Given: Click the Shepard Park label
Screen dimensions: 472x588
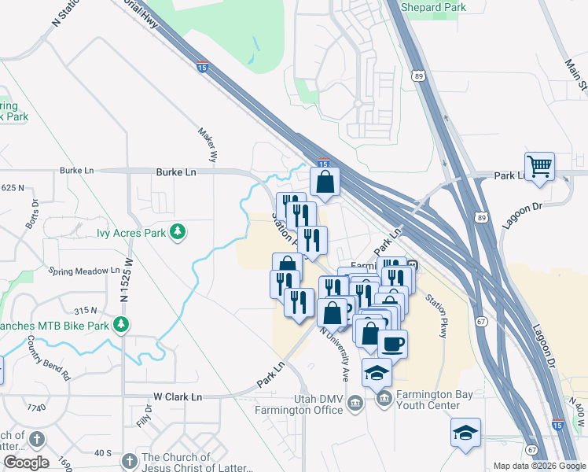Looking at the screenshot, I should (x=433, y=7).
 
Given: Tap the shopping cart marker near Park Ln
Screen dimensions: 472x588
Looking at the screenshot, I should (x=539, y=167).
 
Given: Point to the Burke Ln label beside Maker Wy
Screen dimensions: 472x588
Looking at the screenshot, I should (x=175, y=171).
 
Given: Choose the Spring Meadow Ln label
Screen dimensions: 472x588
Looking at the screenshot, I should (x=83, y=271).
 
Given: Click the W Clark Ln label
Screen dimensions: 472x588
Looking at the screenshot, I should (x=177, y=397).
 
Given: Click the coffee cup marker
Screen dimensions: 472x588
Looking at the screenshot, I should (x=393, y=344).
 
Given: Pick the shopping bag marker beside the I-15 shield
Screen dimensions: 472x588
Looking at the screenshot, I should (x=325, y=183).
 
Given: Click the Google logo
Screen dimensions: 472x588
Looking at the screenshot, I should (x=25, y=463).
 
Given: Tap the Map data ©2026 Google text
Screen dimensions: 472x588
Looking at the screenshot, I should (x=539, y=466).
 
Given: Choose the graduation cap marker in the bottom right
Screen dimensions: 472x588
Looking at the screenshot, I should (x=465, y=433).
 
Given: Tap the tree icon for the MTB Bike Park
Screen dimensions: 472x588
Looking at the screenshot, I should (x=120, y=323).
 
